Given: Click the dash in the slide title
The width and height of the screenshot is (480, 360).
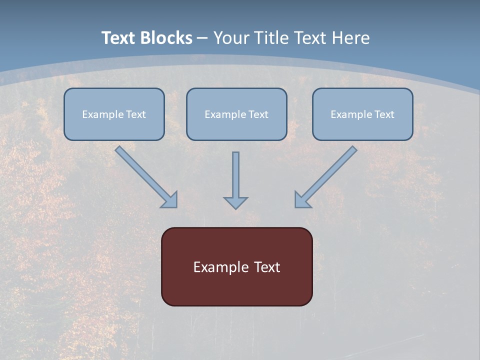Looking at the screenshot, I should pyautogui.click(x=202, y=38).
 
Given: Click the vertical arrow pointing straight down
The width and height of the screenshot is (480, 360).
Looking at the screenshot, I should pyautogui.click(x=235, y=175).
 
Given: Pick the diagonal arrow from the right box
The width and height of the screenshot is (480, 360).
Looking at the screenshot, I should pyautogui.click(x=330, y=172).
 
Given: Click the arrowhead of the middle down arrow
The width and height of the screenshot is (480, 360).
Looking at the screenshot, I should pyautogui.click(x=235, y=202).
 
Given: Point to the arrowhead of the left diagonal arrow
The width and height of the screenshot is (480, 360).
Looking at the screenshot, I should pyautogui.click(x=170, y=200).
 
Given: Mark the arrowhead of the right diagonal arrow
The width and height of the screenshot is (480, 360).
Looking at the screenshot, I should pyautogui.click(x=302, y=199).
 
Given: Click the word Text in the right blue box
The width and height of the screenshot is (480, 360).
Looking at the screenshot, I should pyautogui.click(x=384, y=114).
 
